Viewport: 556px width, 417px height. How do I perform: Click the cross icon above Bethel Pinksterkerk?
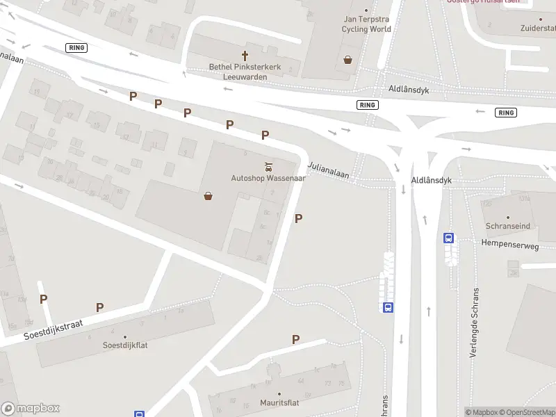[x=245, y=55]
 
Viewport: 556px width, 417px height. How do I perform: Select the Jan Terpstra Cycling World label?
[x=366, y=24]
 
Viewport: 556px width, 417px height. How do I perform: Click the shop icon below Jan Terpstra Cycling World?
[x=347, y=60]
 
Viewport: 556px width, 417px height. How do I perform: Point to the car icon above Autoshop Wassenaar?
[x=268, y=166]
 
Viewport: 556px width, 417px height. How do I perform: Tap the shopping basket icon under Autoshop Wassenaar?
[x=208, y=196]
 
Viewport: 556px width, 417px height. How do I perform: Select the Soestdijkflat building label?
[x=125, y=345]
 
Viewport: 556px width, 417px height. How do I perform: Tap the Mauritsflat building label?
[x=279, y=401]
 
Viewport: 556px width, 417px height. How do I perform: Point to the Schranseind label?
[x=508, y=227]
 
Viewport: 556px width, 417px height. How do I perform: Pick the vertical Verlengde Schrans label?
[x=475, y=322]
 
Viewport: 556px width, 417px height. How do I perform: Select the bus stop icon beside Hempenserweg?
[x=449, y=238]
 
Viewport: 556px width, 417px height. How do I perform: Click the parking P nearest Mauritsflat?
[x=295, y=339]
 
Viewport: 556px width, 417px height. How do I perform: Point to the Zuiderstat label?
[x=539, y=29]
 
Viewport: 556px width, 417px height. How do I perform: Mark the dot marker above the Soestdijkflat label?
[x=125, y=336]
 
